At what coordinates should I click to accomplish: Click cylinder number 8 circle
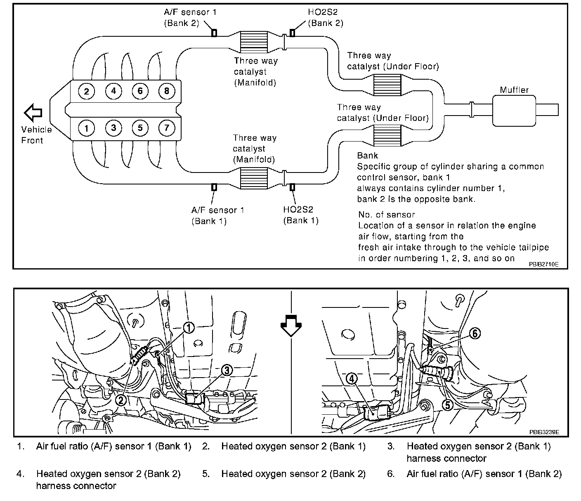tap(166, 91)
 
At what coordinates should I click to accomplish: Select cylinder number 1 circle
tap(87, 128)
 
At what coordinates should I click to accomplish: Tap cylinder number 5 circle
tap(140, 128)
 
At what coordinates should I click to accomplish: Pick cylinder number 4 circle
tap(113, 91)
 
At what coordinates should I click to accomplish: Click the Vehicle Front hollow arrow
tap(33, 112)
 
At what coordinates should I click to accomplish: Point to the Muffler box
tap(514, 110)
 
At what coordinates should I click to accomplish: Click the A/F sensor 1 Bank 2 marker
tap(214, 33)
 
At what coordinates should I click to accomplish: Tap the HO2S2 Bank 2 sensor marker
tap(292, 33)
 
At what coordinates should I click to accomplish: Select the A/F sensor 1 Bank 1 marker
tap(214, 187)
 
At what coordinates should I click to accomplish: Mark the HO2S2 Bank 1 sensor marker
tap(293, 187)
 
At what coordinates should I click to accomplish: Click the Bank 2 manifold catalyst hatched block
tap(254, 41)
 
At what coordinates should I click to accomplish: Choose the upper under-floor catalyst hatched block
tap(387, 85)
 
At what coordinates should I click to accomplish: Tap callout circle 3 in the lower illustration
tap(226, 371)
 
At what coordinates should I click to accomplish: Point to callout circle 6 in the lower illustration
tap(475, 333)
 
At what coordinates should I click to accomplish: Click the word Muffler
tap(514, 90)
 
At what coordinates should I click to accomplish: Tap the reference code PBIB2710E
tap(544, 264)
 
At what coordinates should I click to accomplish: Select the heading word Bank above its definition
tap(367, 156)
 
